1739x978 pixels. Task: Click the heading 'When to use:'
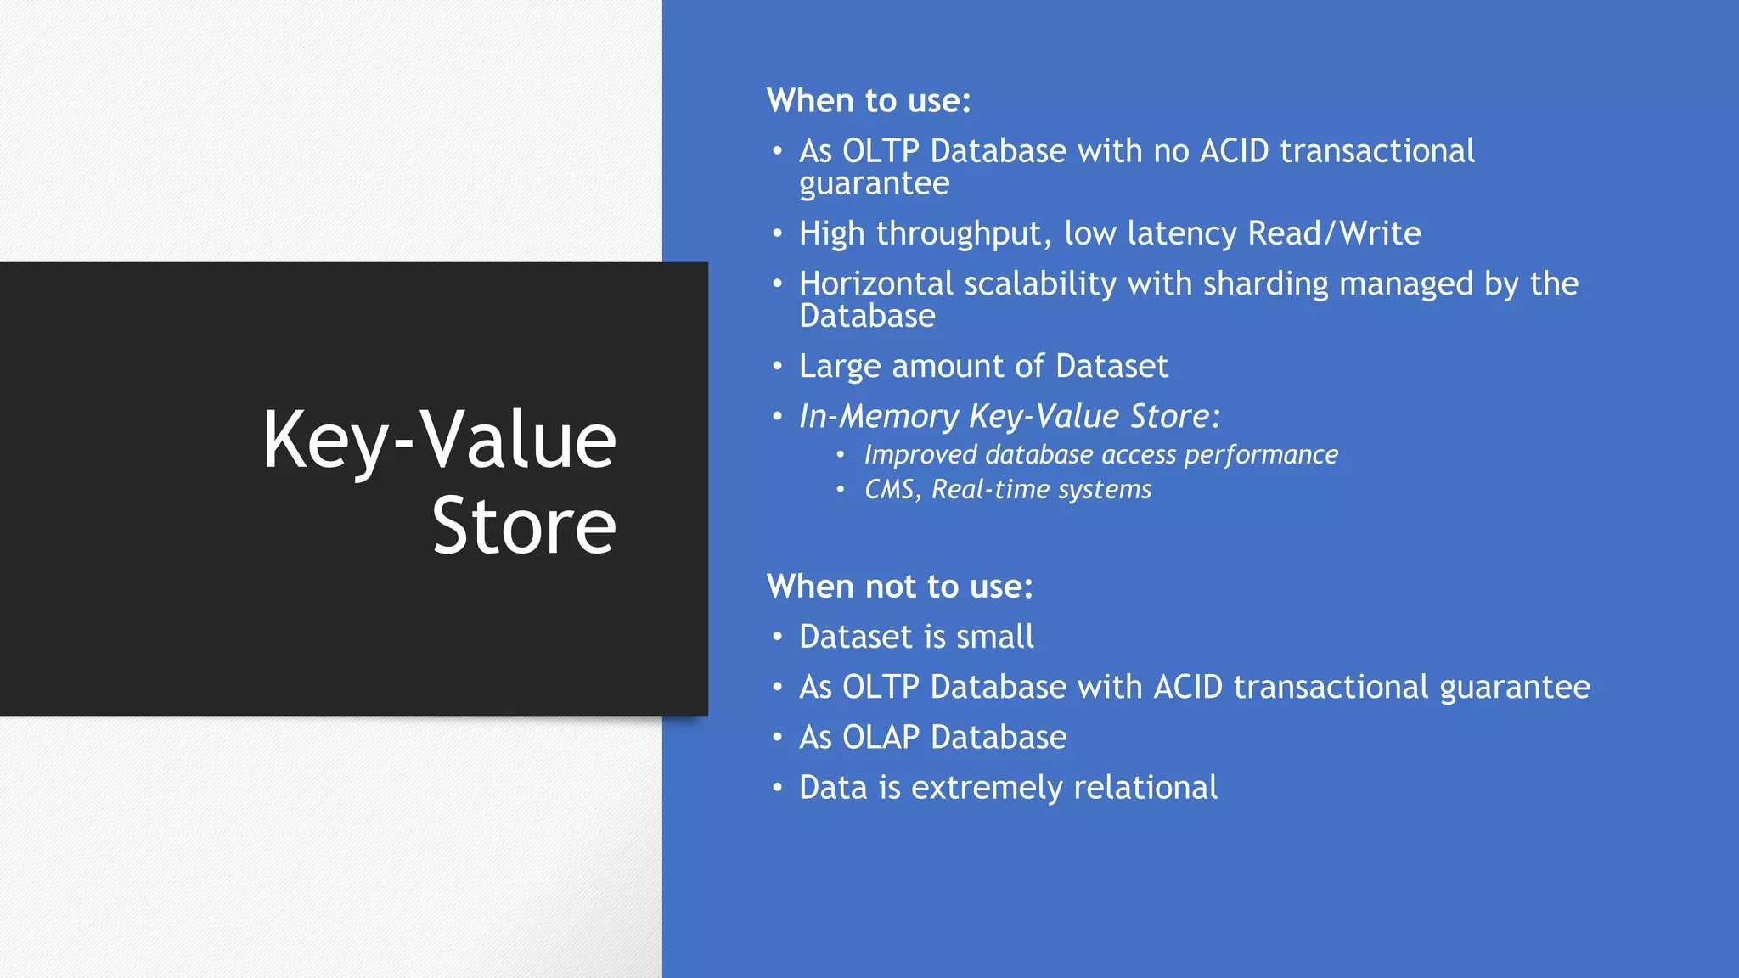point(868,101)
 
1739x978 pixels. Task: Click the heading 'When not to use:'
point(899,587)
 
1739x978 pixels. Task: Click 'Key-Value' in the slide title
point(439,440)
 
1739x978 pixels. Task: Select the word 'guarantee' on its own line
point(874,184)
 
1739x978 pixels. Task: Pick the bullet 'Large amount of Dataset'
point(983,366)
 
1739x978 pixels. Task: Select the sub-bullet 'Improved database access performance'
point(1100,455)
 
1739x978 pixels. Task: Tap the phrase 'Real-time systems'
point(1041,490)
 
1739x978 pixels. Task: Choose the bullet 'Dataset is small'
point(916,637)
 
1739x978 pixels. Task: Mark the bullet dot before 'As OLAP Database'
point(777,737)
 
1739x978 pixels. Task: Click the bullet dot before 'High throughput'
point(777,233)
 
